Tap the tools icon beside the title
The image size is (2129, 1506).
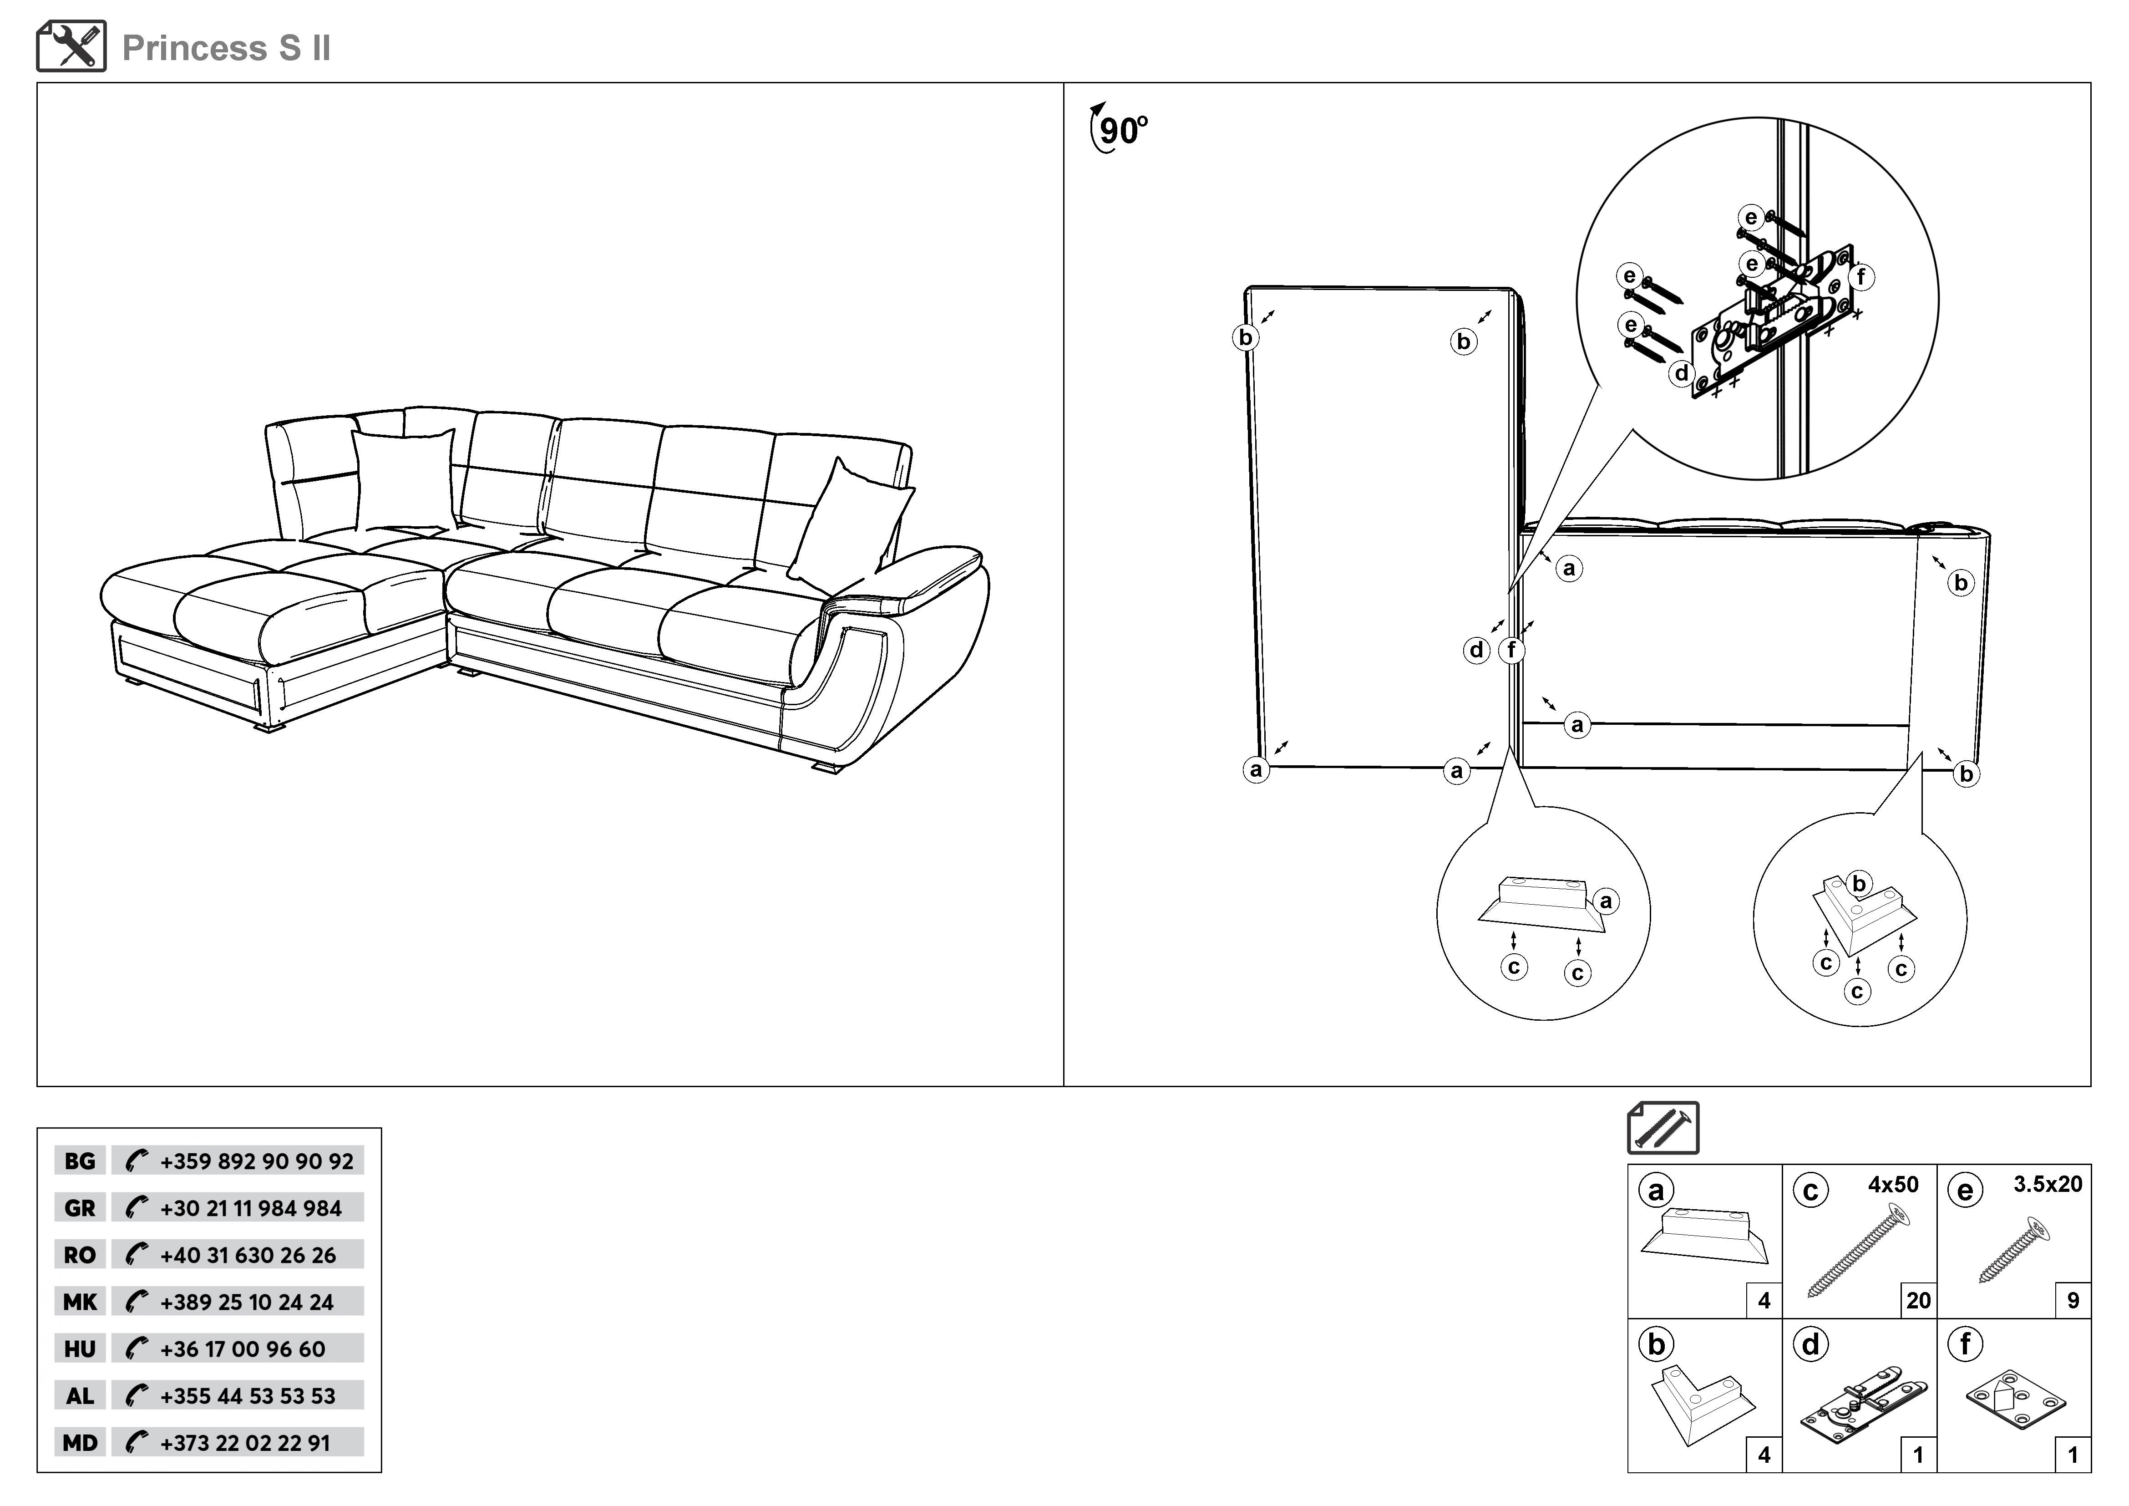tap(71, 46)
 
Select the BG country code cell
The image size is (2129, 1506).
tap(80, 1161)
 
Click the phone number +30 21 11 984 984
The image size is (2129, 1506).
tap(250, 1208)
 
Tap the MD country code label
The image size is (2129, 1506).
tap(80, 1443)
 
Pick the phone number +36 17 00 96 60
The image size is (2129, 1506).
tap(243, 1349)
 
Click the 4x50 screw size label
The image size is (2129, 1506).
tap(1892, 1184)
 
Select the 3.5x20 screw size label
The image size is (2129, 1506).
tap(2048, 1184)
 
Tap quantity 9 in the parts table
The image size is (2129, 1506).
tap(2073, 1301)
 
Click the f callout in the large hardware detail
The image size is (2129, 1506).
tap(1860, 276)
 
